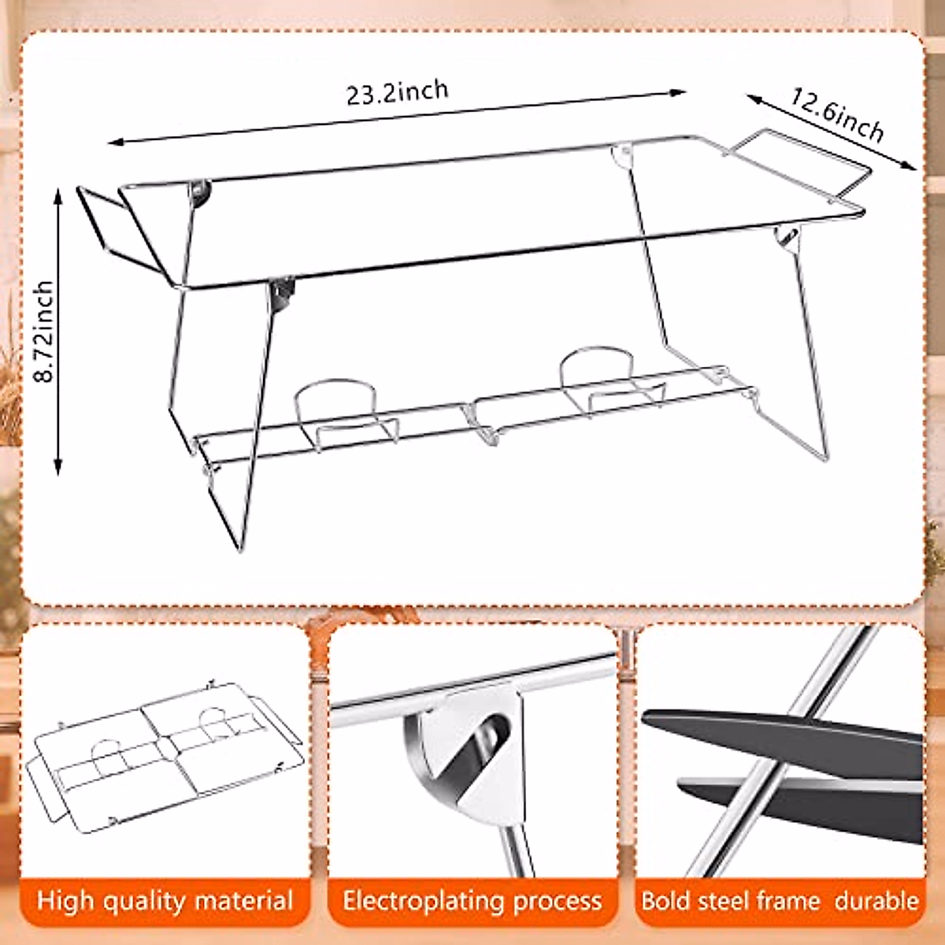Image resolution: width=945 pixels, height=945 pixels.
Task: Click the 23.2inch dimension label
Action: (x=398, y=92)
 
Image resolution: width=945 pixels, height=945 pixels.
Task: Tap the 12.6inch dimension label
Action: (x=837, y=114)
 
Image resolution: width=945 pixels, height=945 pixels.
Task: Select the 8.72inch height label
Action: (x=45, y=331)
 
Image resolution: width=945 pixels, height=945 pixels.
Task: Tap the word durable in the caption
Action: (x=876, y=901)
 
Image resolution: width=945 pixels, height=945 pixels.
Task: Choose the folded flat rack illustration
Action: (x=165, y=756)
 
